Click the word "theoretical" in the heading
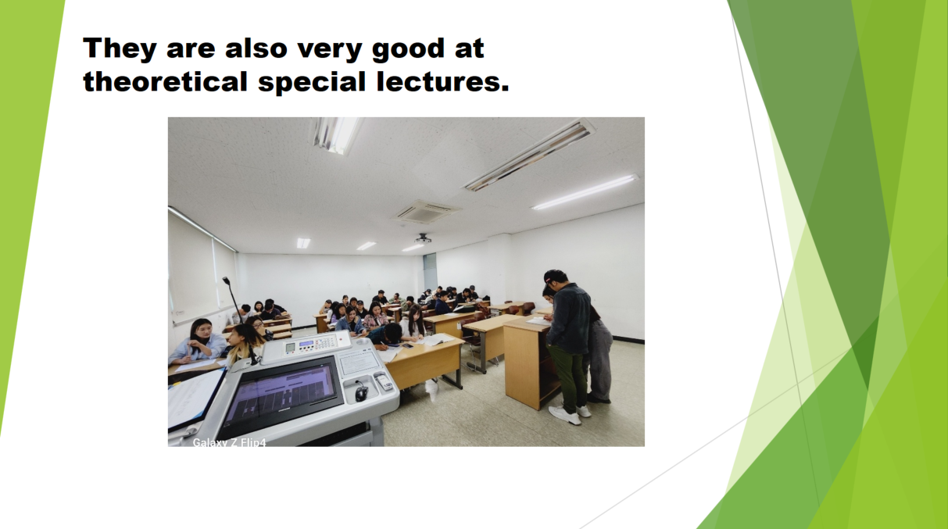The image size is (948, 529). point(165,81)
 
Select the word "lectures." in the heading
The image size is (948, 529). point(442,81)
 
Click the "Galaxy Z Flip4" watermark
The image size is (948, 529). point(229,442)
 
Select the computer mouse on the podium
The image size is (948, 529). point(360,392)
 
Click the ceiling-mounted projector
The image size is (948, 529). point(422,239)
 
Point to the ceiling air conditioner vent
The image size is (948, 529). point(425,211)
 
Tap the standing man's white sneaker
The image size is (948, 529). point(564,415)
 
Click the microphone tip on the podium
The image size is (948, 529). point(226,281)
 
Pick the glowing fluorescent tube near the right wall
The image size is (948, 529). point(585,191)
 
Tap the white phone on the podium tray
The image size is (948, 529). point(385,382)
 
